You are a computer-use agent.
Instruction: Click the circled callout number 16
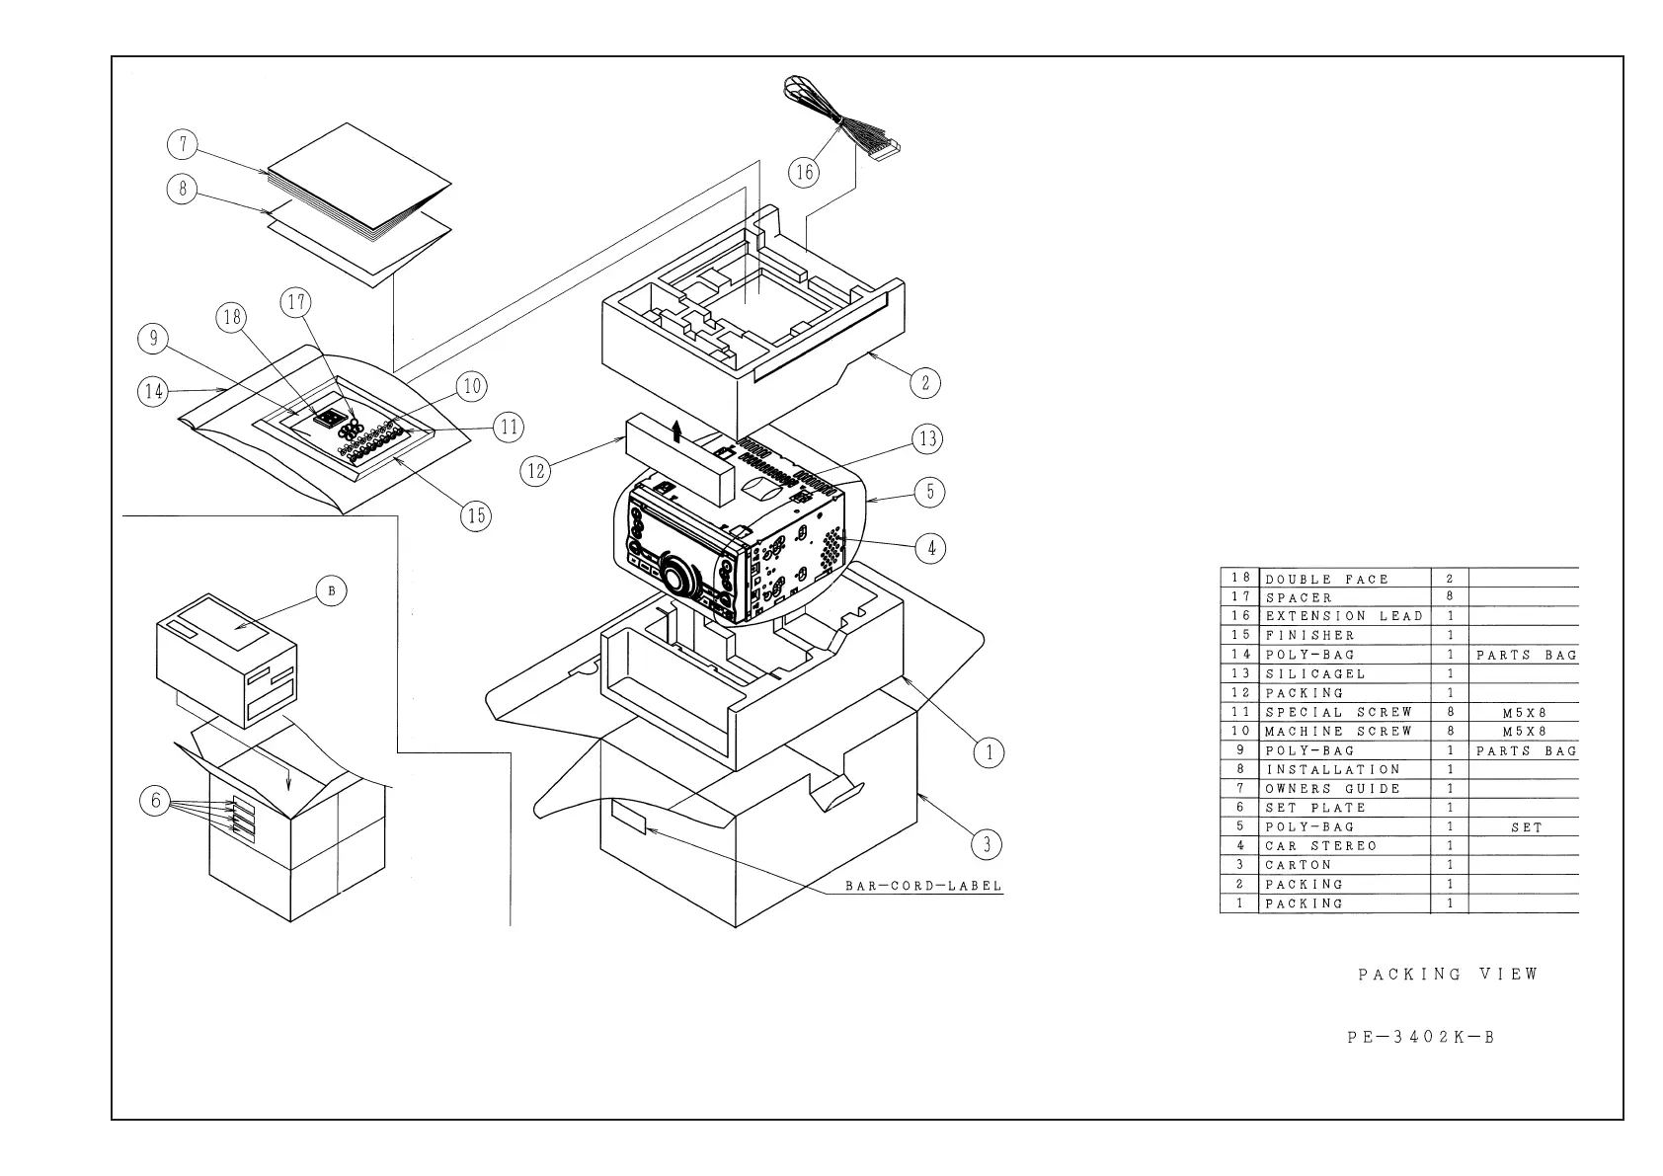point(805,172)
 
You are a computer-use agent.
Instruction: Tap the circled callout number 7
point(183,145)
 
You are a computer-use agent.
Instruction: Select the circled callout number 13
point(927,438)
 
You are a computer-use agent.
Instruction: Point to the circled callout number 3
point(986,843)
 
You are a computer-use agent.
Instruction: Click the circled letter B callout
point(331,591)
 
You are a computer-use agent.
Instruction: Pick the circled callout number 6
point(155,801)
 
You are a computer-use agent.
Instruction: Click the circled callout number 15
point(477,514)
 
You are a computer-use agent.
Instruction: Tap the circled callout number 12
point(536,471)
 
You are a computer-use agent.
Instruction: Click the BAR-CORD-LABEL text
point(923,886)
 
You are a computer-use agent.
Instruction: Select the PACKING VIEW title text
point(1448,975)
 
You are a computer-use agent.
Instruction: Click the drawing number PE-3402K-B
point(1421,1038)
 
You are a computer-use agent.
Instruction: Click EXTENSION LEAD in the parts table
point(1344,616)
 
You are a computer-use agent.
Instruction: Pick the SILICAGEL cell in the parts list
point(1315,673)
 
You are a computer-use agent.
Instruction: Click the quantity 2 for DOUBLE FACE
point(1450,579)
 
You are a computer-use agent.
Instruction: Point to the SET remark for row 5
point(1526,827)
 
